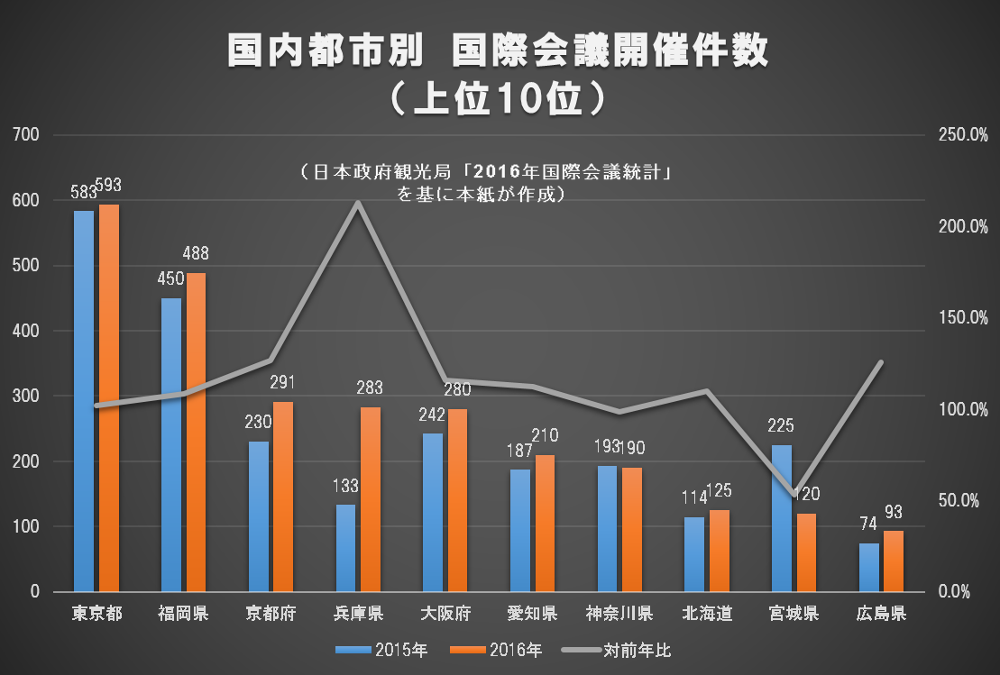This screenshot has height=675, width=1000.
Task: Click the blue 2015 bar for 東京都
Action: (84, 401)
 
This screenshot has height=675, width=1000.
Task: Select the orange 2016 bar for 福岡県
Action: (196, 433)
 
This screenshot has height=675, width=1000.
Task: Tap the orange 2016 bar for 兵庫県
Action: (371, 499)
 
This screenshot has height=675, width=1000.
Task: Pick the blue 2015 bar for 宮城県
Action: (782, 518)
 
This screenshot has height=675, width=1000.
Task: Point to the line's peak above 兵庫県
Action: (358, 203)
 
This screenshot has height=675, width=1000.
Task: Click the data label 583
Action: (83, 194)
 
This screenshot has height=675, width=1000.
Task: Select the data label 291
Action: (283, 382)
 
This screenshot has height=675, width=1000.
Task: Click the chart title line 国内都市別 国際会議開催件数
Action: (498, 52)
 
